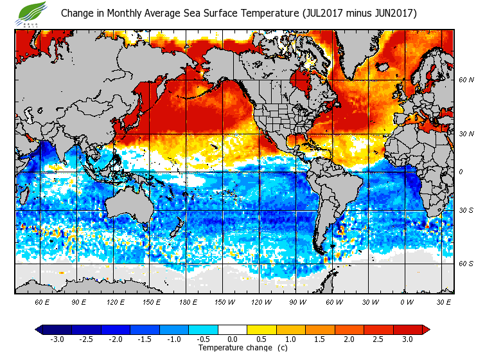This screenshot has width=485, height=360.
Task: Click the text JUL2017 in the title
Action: coord(322,13)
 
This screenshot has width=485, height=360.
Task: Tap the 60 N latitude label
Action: coord(466,80)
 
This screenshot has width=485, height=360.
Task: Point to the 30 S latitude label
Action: coord(466,211)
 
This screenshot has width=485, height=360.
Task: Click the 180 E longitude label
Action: coord(188,301)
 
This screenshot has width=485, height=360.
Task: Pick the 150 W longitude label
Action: coord(224,301)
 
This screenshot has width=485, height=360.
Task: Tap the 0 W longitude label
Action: coord(407,301)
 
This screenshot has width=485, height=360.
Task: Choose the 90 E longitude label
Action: coord(78,301)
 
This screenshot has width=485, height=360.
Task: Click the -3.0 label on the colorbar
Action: coord(57,339)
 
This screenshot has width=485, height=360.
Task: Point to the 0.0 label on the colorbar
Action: coord(233,339)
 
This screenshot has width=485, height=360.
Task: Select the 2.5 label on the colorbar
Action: coord(378,339)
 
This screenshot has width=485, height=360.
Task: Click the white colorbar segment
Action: coord(233,329)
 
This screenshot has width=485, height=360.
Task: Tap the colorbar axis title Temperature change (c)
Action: coord(233,348)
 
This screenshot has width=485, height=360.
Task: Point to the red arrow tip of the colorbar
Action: coord(426,329)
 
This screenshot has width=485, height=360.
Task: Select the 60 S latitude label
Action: coord(466,264)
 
